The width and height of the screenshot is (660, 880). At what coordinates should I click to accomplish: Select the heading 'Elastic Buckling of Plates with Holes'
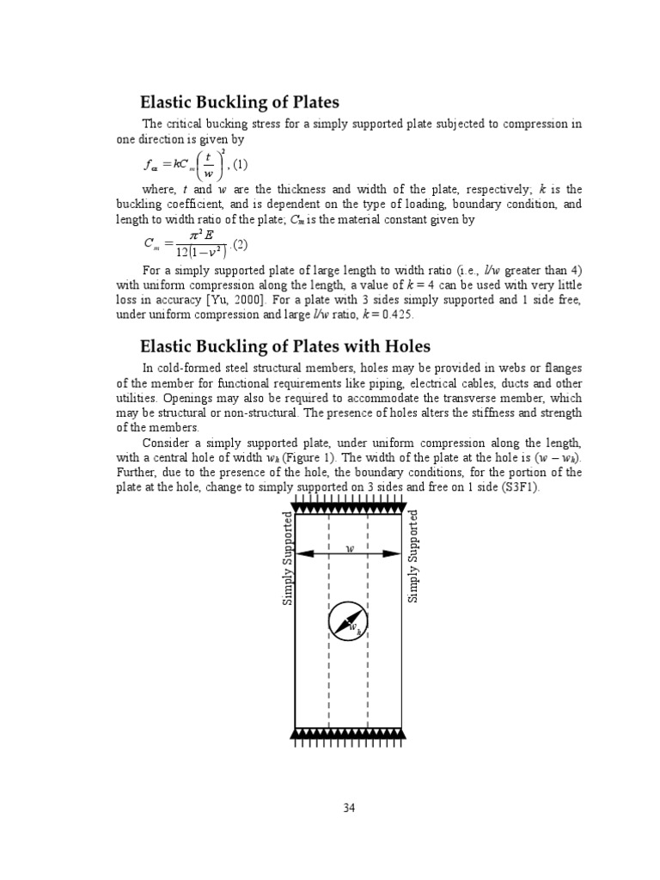285,346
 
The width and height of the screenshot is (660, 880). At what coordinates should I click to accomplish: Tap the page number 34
348,808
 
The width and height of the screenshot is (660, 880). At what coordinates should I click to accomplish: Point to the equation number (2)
240,244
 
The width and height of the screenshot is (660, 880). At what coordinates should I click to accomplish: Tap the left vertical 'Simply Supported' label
289,559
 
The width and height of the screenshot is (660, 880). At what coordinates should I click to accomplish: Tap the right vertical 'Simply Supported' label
413,556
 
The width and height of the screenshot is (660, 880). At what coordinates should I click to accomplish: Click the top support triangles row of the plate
348,506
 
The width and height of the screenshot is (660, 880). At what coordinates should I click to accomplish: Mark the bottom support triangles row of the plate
348,733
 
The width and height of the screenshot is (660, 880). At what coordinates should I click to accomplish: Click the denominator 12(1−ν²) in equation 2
193,252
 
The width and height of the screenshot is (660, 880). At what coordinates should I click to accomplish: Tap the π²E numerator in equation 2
192,235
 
